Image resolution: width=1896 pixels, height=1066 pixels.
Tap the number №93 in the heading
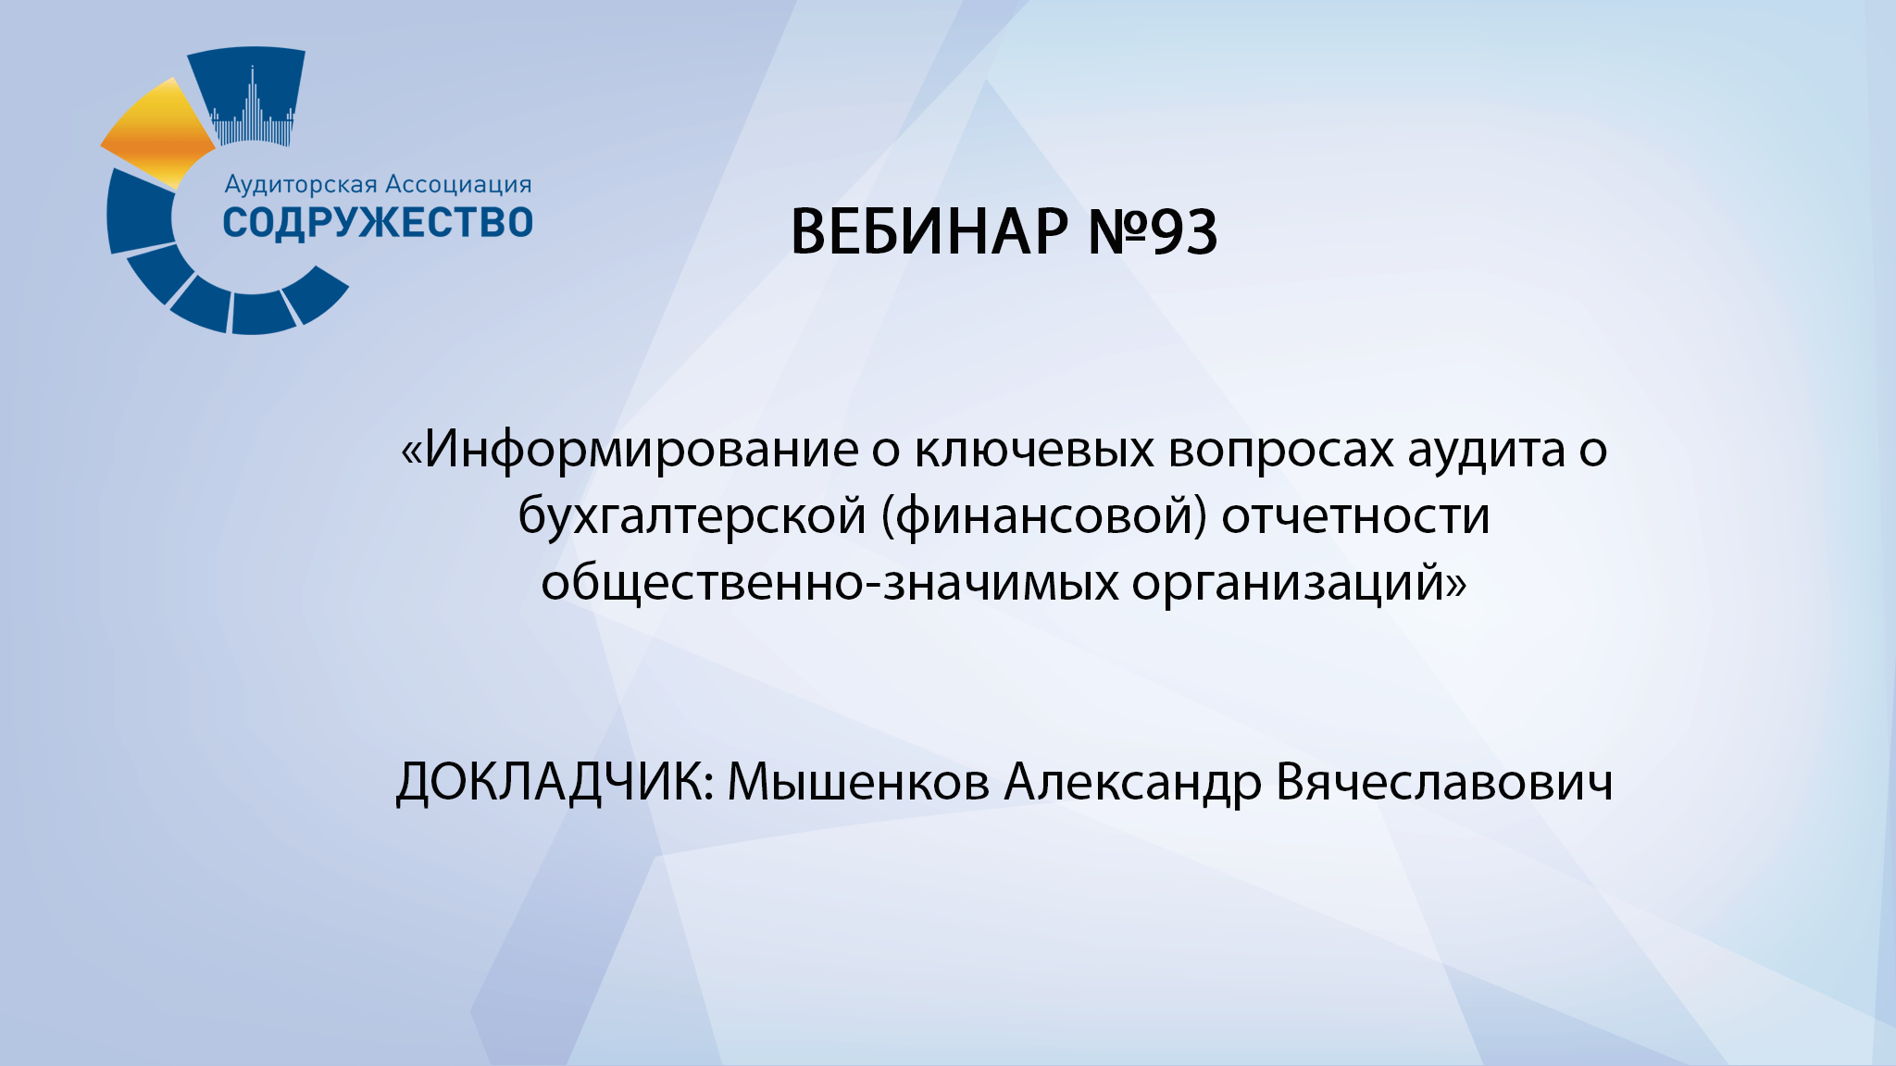click(x=1152, y=231)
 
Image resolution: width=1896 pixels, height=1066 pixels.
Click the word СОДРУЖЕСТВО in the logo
click(x=378, y=223)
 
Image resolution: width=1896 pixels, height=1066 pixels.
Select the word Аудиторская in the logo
click(x=300, y=184)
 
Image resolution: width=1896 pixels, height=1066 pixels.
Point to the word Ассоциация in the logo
click(x=458, y=184)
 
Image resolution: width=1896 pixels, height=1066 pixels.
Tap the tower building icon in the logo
click(x=252, y=106)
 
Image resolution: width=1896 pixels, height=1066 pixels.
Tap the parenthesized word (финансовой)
click(x=1044, y=516)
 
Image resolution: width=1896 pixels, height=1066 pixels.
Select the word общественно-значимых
click(x=829, y=583)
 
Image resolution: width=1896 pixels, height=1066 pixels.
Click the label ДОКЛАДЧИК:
click(x=555, y=782)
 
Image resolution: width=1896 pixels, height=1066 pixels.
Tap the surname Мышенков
click(x=858, y=782)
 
